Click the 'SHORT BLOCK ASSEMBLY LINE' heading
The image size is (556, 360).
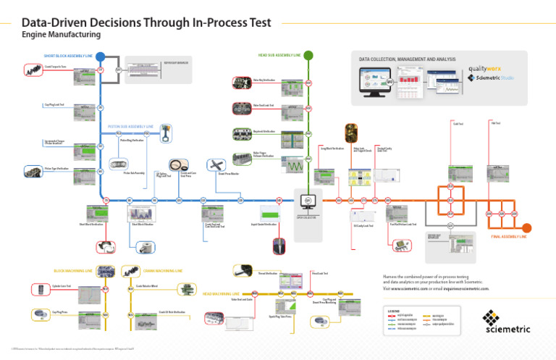[68, 55]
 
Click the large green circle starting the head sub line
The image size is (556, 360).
[308, 55]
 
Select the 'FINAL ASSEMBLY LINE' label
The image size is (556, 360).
[510, 236]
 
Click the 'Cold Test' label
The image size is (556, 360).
[458, 123]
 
